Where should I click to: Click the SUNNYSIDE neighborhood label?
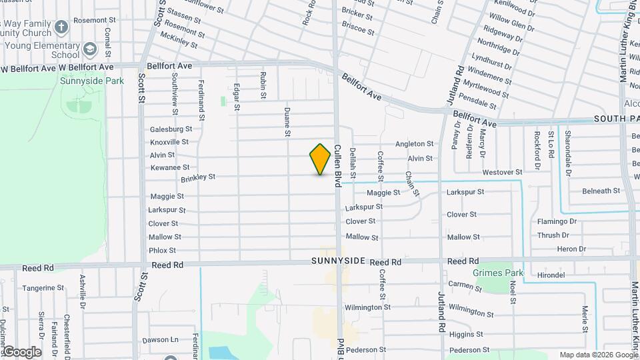click(338, 261)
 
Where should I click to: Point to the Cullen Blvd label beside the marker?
click(337, 165)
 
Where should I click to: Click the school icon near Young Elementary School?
click(89, 50)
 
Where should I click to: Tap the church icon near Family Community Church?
click(61, 27)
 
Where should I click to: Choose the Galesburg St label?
click(171, 129)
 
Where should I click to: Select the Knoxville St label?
click(169, 142)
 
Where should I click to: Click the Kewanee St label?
click(169, 167)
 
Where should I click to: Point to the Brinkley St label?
click(198, 177)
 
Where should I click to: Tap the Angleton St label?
click(414, 143)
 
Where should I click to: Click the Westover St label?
click(502, 172)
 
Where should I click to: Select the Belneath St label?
click(601, 191)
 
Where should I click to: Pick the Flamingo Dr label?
click(557, 221)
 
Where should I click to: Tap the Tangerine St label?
click(43, 288)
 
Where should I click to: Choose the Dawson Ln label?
click(161, 339)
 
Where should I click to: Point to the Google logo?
click(21, 352)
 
